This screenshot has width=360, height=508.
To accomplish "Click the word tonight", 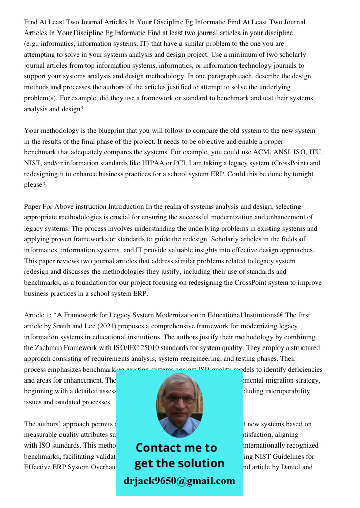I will (301, 174).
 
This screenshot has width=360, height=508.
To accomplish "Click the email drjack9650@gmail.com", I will (179, 481).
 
